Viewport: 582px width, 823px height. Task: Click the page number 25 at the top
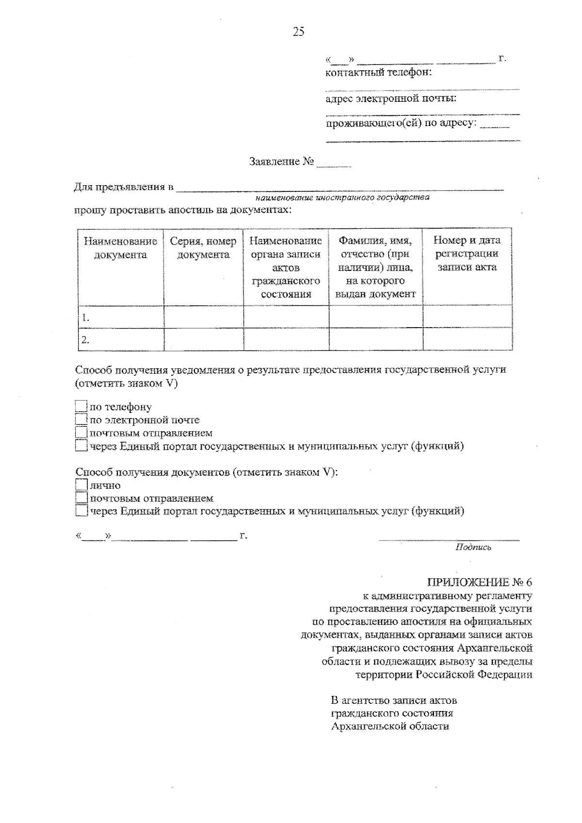[x=298, y=32]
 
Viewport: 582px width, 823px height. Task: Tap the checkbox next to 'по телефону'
[x=81, y=406]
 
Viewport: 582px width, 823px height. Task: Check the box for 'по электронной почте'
[x=81, y=419]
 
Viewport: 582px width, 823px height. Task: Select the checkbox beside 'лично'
[x=81, y=485]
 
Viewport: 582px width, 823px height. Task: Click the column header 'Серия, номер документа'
[x=203, y=248]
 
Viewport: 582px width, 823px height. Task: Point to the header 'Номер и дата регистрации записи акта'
[x=467, y=254]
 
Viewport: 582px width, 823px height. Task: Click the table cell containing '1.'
[x=121, y=317]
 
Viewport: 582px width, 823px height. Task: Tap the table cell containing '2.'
[x=121, y=340]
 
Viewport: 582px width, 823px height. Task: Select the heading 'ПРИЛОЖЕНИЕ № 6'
[x=479, y=582]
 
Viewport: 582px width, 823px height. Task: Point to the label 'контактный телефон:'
[x=378, y=73]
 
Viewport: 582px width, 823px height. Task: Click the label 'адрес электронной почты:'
[x=391, y=99]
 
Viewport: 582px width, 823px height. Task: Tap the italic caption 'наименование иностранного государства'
[x=342, y=198]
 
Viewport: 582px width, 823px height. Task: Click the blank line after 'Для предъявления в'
[x=339, y=187]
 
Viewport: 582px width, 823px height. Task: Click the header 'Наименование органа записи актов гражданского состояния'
[x=286, y=267]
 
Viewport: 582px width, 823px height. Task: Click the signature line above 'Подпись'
[x=449, y=538]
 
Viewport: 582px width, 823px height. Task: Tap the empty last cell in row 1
[x=467, y=317]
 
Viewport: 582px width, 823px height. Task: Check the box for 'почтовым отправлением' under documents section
[x=81, y=498]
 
